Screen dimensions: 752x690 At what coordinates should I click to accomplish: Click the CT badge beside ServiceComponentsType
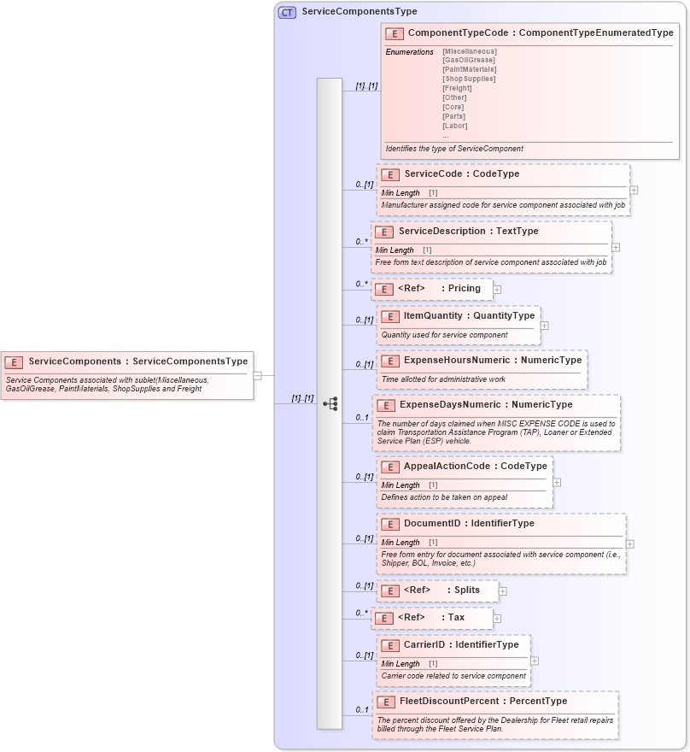click(288, 12)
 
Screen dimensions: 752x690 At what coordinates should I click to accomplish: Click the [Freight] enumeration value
click(457, 88)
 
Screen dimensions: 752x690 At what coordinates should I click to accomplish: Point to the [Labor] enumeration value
click(454, 126)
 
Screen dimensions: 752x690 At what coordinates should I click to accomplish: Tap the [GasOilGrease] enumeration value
click(468, 60)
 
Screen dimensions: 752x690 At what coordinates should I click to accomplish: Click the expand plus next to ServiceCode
click(634, 191)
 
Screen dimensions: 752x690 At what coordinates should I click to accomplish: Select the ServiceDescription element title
click(468, 232)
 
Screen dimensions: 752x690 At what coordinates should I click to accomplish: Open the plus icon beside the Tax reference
click(497, 618)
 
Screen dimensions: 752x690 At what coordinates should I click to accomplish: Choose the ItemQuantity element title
click(469, 316)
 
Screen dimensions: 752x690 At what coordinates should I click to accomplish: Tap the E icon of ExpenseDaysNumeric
click(386, 405)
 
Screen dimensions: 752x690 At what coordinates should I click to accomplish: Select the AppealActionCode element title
click(475, 467)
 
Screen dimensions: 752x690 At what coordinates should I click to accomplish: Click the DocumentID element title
click(469, 524)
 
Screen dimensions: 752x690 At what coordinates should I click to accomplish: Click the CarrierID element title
click(460, 645)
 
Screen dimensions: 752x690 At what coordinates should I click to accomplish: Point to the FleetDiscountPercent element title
click(483, 702)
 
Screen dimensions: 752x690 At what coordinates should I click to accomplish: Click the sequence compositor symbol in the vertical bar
click(330, 403)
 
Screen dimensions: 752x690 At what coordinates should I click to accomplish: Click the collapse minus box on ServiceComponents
click(256, 374)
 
